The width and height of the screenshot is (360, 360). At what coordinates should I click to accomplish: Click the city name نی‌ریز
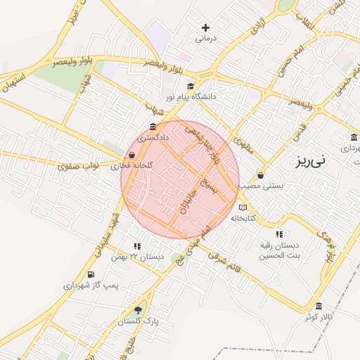(310, 161)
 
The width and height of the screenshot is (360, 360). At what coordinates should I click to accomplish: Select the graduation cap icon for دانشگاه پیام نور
(190, 86)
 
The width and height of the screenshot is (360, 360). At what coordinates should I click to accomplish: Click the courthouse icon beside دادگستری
(153, 127)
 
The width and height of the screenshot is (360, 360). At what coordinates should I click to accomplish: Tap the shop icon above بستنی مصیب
(261, 175)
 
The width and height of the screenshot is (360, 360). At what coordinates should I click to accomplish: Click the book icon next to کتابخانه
(243, 207)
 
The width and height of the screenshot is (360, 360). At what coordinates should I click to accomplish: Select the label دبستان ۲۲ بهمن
(138, 257)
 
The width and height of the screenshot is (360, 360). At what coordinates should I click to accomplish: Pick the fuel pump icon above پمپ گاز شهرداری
(91, 275)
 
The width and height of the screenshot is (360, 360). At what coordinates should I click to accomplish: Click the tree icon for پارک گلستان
(139, 310)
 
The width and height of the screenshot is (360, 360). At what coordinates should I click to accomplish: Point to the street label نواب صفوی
(77, 165)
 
